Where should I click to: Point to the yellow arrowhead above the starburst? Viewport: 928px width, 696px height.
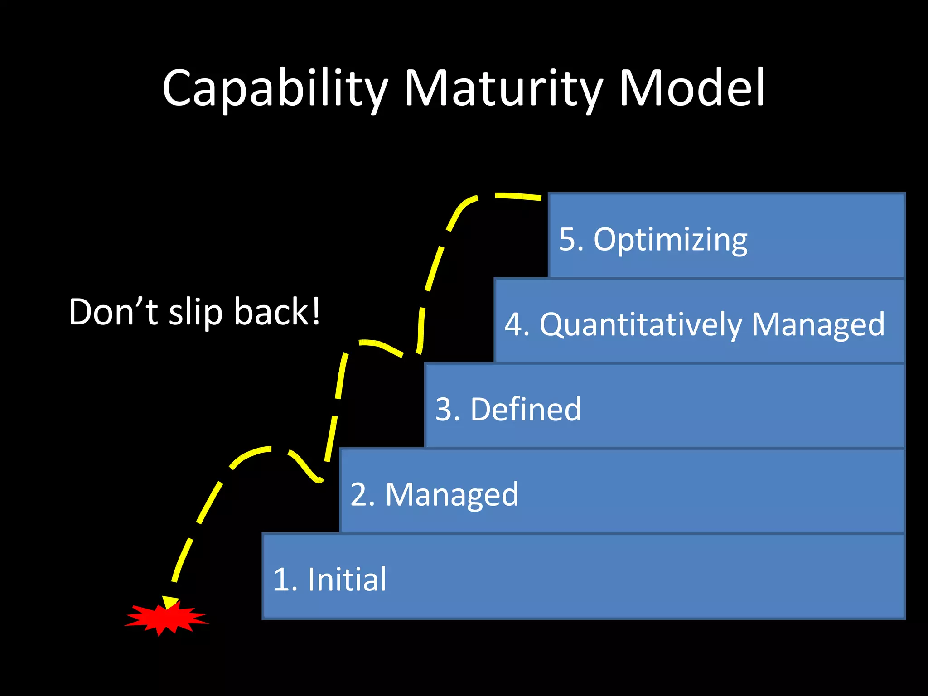tap(170, 603)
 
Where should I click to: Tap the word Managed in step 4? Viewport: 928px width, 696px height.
tap(817, 325)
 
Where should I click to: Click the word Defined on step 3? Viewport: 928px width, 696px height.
tap(526, 410)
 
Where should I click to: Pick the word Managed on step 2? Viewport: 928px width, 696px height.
tap(452, 495)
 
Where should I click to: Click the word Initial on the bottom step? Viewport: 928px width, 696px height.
tap(347, 580)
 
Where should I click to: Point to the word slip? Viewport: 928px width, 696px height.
tap(196, 313)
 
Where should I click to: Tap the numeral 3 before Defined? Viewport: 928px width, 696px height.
tap(444, 410)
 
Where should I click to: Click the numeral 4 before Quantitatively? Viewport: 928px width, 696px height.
tap(513, 324)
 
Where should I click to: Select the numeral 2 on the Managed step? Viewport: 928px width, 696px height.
tap(359, 495)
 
